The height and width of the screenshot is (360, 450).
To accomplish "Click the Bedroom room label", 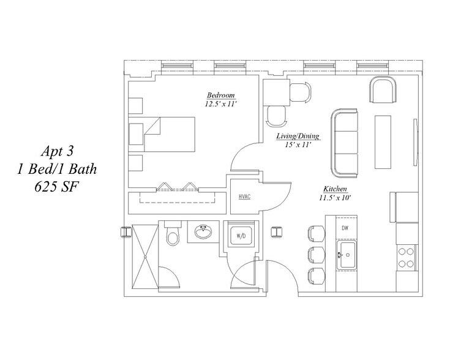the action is click(220, 96).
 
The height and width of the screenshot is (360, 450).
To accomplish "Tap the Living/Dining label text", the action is click(298, 136).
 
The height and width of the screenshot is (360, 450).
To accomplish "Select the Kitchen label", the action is click(336, 189).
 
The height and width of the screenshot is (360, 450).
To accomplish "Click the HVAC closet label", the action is click(244, 197).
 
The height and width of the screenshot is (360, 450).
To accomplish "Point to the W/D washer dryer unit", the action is click(241, 236).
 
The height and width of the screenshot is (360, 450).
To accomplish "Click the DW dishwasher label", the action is click(345, 228).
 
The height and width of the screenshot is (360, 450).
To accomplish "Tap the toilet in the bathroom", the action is click(173, 233).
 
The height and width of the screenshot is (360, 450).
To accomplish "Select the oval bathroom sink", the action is click(203, 231).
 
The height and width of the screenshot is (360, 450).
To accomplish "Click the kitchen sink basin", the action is click(347, 255).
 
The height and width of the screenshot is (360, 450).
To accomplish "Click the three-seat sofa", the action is click(344, 143).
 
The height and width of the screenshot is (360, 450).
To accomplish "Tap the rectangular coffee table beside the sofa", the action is click(383, 142).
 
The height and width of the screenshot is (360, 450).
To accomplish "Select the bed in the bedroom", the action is click(162, 134).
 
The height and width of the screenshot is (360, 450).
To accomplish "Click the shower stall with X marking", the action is click(145, 256).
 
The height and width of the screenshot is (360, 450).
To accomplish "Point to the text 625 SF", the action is click(56, 187).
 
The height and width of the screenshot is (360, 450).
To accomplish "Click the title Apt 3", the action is click(57, 151).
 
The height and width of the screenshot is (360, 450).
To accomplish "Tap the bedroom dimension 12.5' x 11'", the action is click(220, 103).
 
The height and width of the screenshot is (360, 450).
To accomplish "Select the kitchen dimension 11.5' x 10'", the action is click(335, 198).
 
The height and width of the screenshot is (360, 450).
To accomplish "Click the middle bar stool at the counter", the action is click(317, 254).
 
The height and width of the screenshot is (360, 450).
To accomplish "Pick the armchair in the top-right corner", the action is click(383, 89).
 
